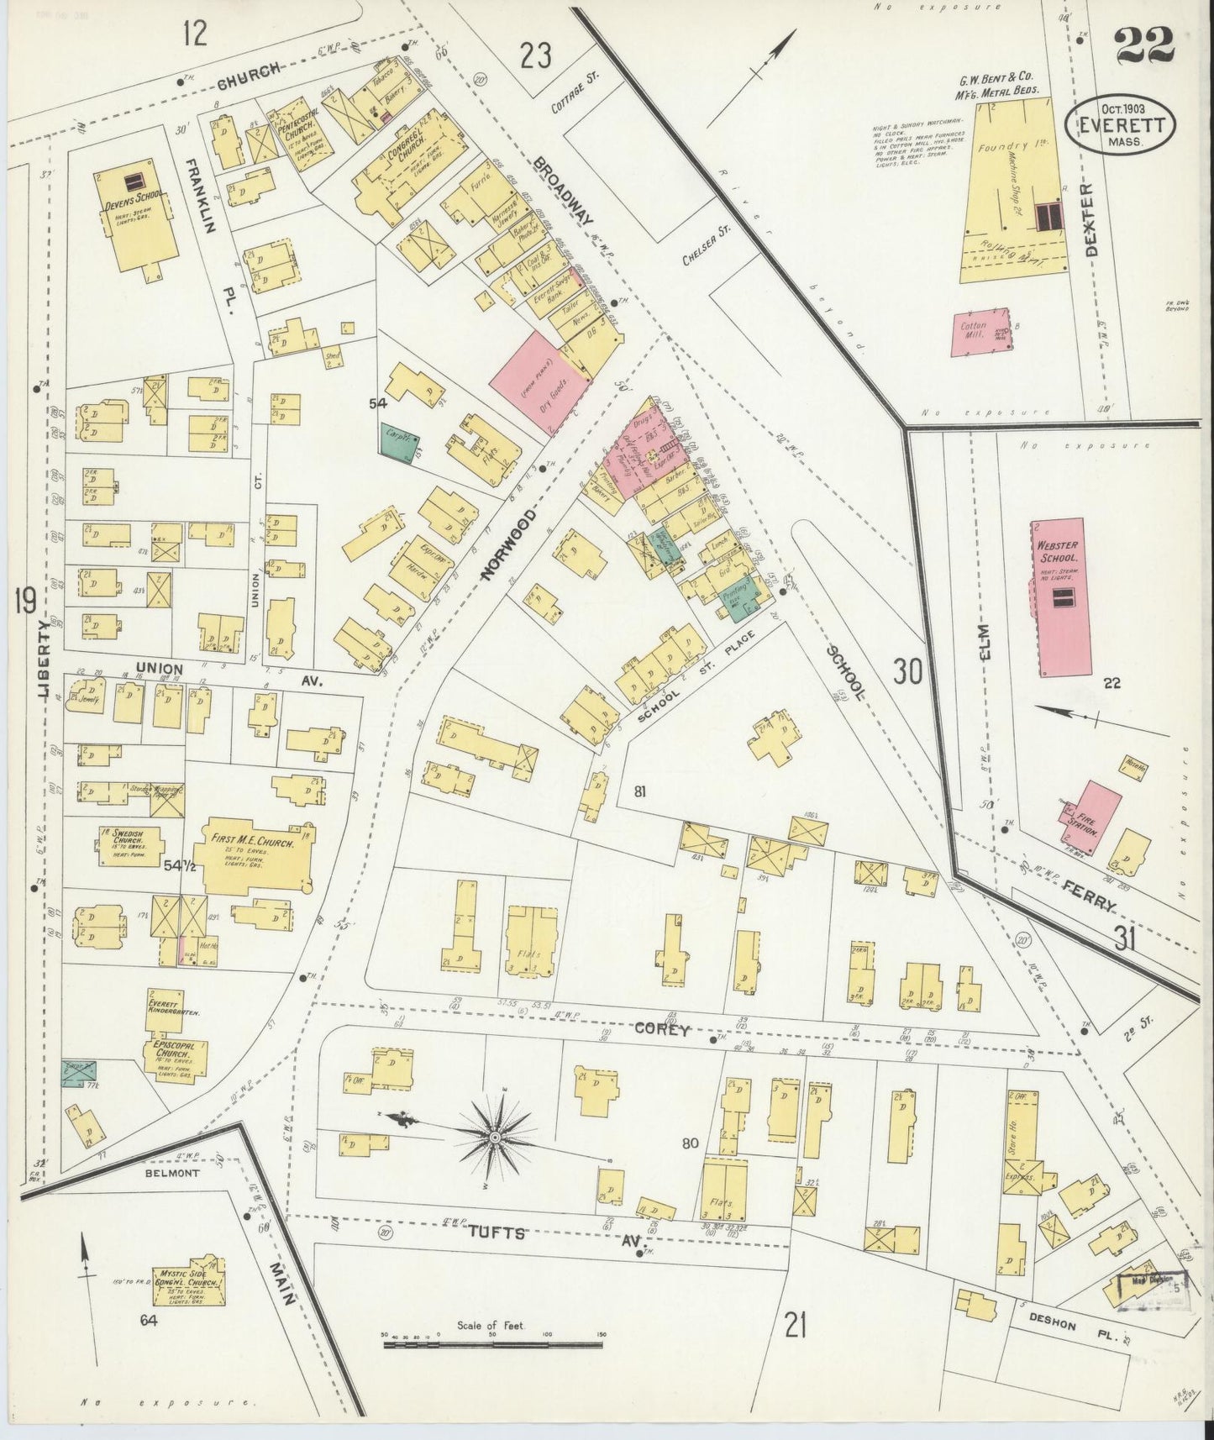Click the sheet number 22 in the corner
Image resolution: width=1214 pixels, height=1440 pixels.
point(1144,47)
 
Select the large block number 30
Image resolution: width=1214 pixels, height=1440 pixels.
point(907,671)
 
